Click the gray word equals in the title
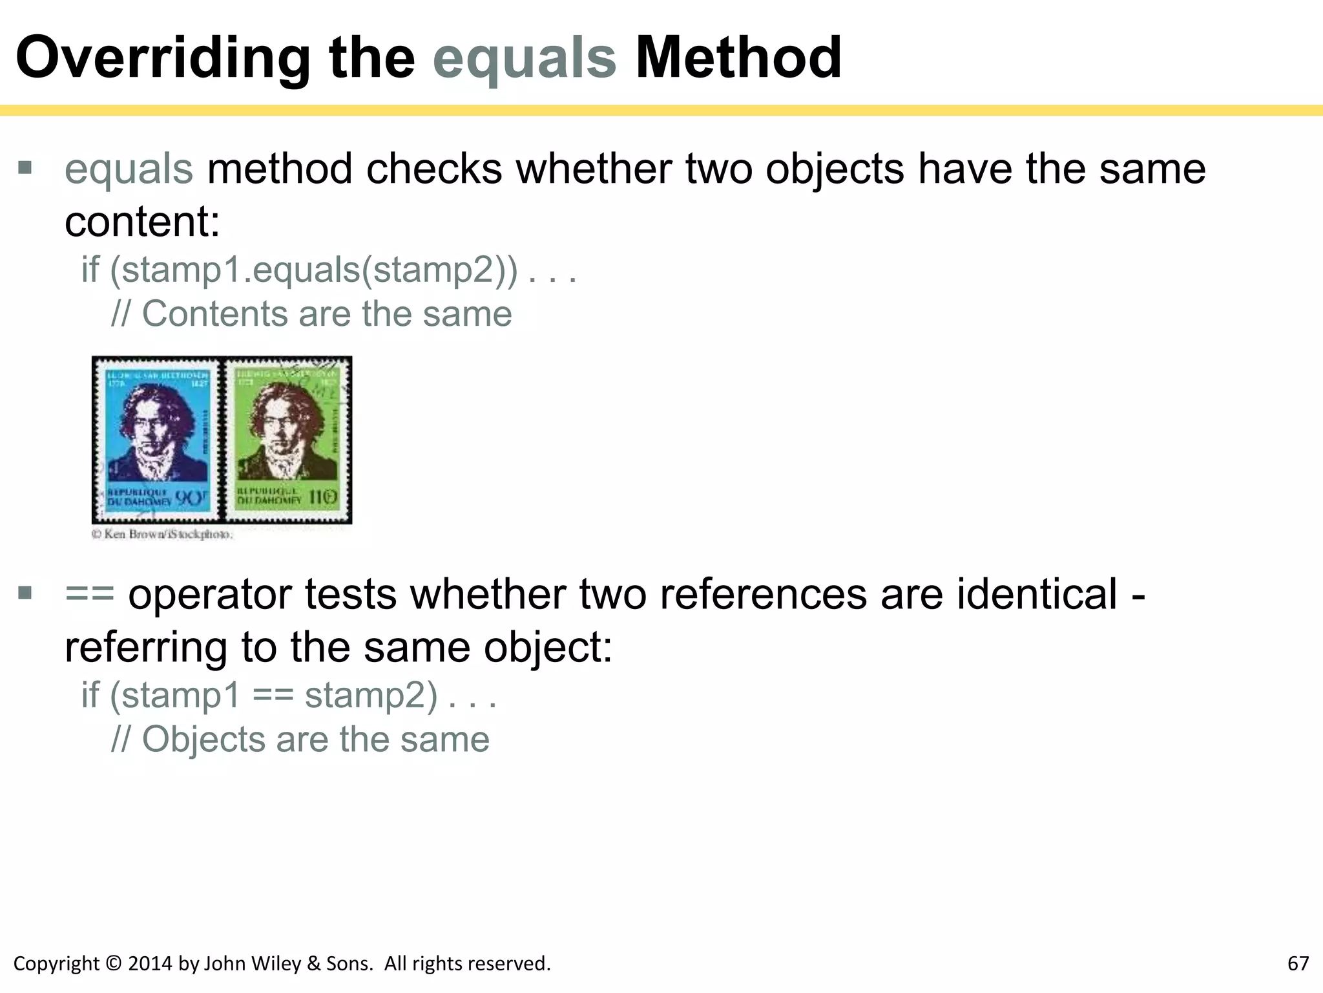point(525,59)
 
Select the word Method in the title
point(738,59)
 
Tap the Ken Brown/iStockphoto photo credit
point(162,534)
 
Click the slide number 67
point(1298,964)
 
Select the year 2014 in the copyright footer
point(151,964)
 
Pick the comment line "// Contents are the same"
point(311,314)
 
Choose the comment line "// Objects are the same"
point(300,740)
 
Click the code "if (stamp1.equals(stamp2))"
point(299,270)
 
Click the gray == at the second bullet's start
point(90,594)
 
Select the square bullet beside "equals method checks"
point(25,169)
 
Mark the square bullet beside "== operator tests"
point(25,593)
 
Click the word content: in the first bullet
point(142,222)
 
